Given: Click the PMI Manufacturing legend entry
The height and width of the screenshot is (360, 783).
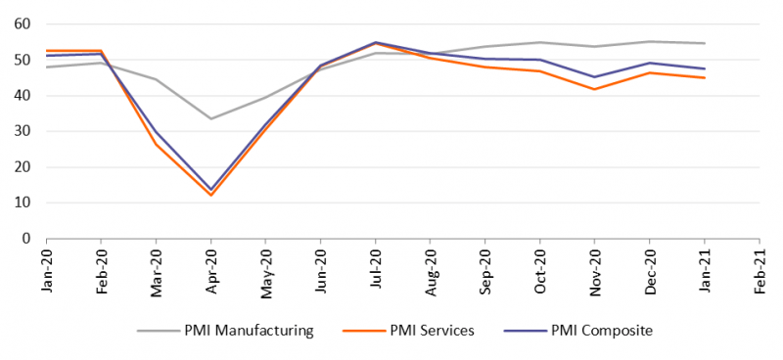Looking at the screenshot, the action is [x=225, y=331].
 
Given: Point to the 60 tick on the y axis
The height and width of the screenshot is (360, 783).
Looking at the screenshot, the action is [x=23, y=23].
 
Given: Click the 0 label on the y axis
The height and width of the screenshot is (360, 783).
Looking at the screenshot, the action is [x=27, y=239].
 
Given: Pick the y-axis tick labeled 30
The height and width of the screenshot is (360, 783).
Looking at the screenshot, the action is [x=23, y=131].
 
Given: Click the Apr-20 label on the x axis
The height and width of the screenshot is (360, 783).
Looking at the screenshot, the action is [x=210, y=273].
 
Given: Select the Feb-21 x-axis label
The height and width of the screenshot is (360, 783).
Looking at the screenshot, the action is [x=760, y=273].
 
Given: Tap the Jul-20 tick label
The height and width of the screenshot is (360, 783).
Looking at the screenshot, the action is [x=376, y=271].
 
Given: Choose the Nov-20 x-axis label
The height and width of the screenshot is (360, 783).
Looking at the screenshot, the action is [x=595, y=274].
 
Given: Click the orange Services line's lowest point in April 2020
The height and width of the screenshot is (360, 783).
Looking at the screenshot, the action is [x=210, y=196].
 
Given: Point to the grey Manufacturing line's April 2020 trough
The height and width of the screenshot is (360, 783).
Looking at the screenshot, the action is [x=210, y=118].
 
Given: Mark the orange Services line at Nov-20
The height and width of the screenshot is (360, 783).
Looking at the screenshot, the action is [x=595, y=89].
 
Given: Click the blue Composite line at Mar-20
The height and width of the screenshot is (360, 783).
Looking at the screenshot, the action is [x=157, y=131].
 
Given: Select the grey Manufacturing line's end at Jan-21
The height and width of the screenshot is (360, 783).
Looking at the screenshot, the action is [x=705, y=43].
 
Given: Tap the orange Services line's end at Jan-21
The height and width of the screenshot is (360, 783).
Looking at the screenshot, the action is [x=705, y=78].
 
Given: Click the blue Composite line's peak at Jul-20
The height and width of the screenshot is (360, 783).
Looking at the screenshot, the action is [x=376, y=42].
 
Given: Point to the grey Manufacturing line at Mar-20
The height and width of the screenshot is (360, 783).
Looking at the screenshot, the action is [x=157, y=79].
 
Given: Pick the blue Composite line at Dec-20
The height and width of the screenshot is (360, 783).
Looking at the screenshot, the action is [x=650, y=63].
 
